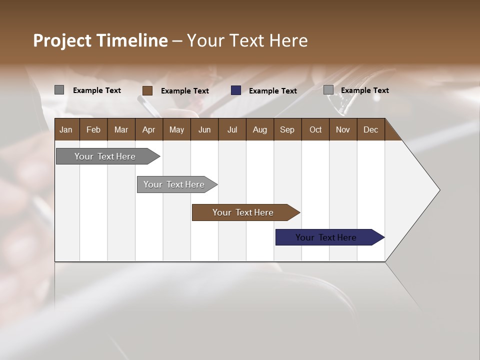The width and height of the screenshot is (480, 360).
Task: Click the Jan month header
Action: click(66, 130)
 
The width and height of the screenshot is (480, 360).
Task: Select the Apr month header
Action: click(148, 130)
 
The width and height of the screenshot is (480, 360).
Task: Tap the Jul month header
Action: click(232, 130)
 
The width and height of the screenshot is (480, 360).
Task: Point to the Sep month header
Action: click(287, 130)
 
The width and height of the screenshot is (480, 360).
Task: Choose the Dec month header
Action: click(370, 130)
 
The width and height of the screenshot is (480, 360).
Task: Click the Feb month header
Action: click(93, 130)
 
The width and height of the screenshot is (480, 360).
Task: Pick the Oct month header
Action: click(315, 130)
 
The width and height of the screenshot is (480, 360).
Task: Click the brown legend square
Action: click(147, 90)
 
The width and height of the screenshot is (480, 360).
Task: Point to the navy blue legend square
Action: click(236, 90)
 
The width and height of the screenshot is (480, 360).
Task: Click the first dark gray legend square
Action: click(59, 90)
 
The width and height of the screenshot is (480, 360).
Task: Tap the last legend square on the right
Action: click(328, 90)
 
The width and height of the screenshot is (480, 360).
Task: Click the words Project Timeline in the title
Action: click(100, 40)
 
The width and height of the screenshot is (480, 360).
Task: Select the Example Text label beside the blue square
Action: click(272, 91)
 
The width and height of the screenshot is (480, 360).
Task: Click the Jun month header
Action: click(204, 130)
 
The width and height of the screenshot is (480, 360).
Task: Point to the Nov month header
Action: click(342, 130)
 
